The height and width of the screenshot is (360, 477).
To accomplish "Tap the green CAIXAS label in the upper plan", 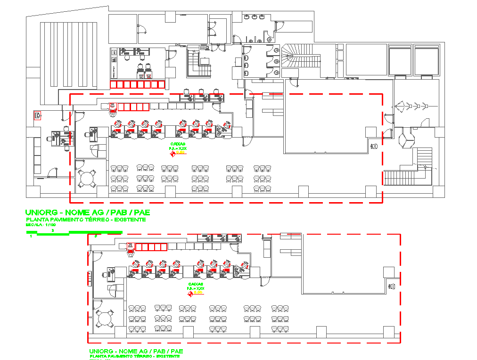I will pos(177,144).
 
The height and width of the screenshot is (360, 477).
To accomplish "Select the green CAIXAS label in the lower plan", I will pos(196,284).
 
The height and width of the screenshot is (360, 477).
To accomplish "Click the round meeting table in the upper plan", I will pos(87,179).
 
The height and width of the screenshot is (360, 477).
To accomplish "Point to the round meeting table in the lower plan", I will pos(105,319).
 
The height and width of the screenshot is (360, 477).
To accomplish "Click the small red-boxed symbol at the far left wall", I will pos(37,115).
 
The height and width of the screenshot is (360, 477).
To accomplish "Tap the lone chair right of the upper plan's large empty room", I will pos(374,147).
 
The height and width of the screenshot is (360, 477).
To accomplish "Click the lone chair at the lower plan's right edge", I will pos(392,286).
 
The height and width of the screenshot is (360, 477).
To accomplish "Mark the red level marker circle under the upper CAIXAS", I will pos(173,154).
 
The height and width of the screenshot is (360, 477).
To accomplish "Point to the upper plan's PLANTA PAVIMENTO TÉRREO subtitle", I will pos(85,220).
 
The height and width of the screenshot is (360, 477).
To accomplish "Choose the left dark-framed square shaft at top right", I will pos(400,60).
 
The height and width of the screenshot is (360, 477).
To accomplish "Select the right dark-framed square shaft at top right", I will pos(427,60).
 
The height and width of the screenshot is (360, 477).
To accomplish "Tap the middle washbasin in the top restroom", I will pos(255,17).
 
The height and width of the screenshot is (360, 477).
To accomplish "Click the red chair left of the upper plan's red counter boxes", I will pos(113,109).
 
